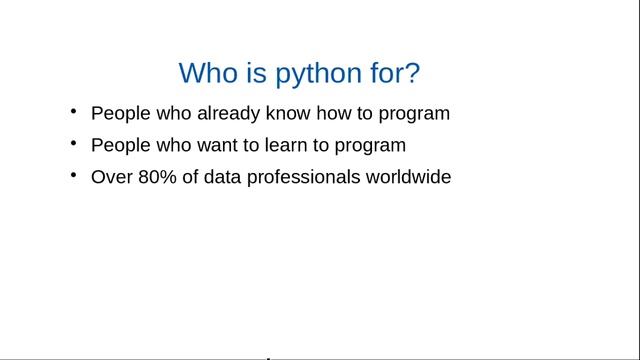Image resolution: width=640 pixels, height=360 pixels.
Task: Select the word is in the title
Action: (254, 73)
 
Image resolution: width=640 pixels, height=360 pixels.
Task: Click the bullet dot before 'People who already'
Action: (73, 111)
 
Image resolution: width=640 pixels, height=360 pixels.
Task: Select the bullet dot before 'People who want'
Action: (73, 143)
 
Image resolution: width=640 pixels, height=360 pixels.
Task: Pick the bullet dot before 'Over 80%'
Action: (73, 175)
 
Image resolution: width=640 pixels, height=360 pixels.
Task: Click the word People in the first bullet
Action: (117, 114)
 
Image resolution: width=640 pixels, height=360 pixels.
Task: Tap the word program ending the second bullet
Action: (371, 146)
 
